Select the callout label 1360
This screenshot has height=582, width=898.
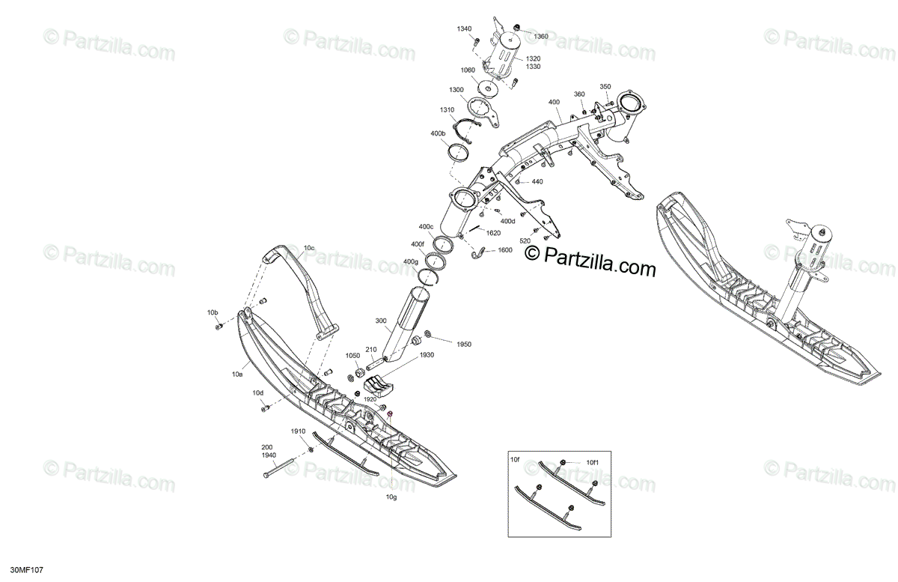click(540, 36)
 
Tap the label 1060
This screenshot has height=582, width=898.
click(468, 70)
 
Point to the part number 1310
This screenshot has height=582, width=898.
click(447, 110)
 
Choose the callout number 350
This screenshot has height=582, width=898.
click(605, 87)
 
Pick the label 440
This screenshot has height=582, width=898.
click(537, 182)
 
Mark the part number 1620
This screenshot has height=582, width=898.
click(493, 233)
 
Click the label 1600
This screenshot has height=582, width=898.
click(504, 250)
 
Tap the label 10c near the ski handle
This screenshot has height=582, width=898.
click(309, 248)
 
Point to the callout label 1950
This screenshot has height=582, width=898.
click(463, 344)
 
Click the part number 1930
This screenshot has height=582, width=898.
click(427, 355)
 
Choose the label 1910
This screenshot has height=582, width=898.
click(299, 432)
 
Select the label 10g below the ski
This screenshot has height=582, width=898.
click(391, 497)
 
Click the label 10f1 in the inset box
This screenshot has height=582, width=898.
click(592, 463)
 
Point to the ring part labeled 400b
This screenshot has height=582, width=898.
click(458, 153)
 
